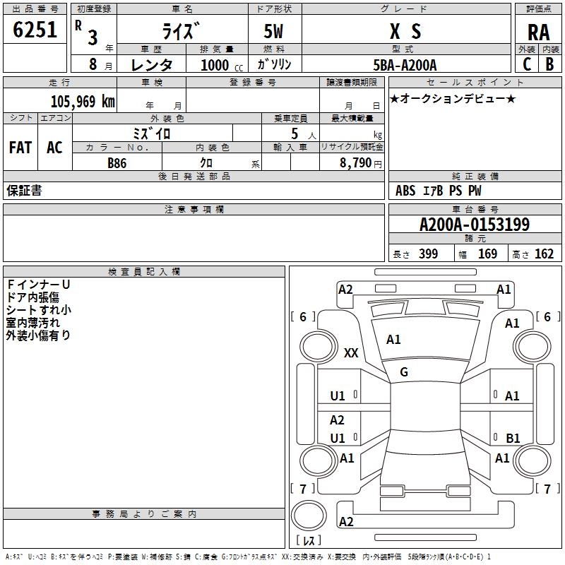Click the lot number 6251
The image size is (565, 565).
click(35, 30)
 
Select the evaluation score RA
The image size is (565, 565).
click(538, 32)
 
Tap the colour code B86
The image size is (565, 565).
click(118, 162)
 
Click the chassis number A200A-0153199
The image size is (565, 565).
click(474, 225)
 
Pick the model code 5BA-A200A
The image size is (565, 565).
click(405, 65)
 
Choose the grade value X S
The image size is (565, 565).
click(405, 31)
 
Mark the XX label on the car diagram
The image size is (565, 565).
click(351, 353)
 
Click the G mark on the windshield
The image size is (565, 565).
click(404, 371)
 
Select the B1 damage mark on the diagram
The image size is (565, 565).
click(513, 438)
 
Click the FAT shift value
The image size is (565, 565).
click(20, 148)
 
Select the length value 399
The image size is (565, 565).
click(428, 254)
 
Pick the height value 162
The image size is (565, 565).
click(544, 254)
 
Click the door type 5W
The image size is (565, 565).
click(275, 32)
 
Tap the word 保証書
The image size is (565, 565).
click(24, 191)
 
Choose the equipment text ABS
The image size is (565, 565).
click(405, 191)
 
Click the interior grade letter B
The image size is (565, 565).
click(549, 64)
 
